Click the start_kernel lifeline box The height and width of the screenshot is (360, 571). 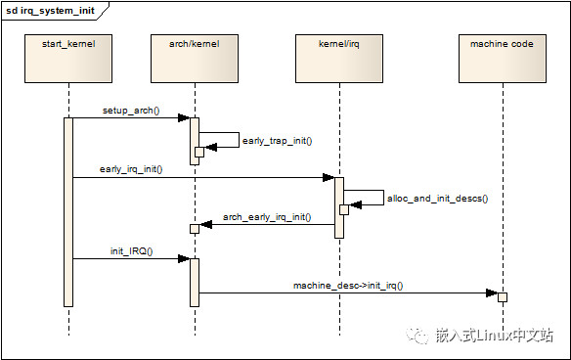(x=68, y=57)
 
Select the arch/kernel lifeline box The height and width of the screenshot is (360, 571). (x=195, y=57)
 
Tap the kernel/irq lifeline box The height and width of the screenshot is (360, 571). (x=338, y=57)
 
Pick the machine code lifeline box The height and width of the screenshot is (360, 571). (x=502, y=57)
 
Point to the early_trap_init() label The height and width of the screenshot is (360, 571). (x=277, y=141)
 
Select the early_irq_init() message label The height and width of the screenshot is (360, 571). (x=130, y=169)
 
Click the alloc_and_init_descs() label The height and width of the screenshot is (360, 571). (x=437, y=199)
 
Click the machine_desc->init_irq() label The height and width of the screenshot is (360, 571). (x=348, y=285)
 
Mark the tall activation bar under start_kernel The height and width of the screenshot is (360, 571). (x=68, y=211)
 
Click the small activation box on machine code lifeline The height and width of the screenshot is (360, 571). (x=503, y=296)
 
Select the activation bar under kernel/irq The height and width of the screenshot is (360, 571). (x=338, y=207)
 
